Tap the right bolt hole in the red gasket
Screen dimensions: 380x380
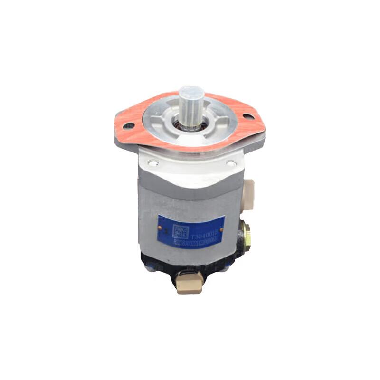coord(247,115)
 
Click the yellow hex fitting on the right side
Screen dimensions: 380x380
coord(246,233)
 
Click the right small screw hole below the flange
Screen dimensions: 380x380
coord(231,163)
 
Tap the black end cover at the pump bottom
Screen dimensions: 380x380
coord(157,266)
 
